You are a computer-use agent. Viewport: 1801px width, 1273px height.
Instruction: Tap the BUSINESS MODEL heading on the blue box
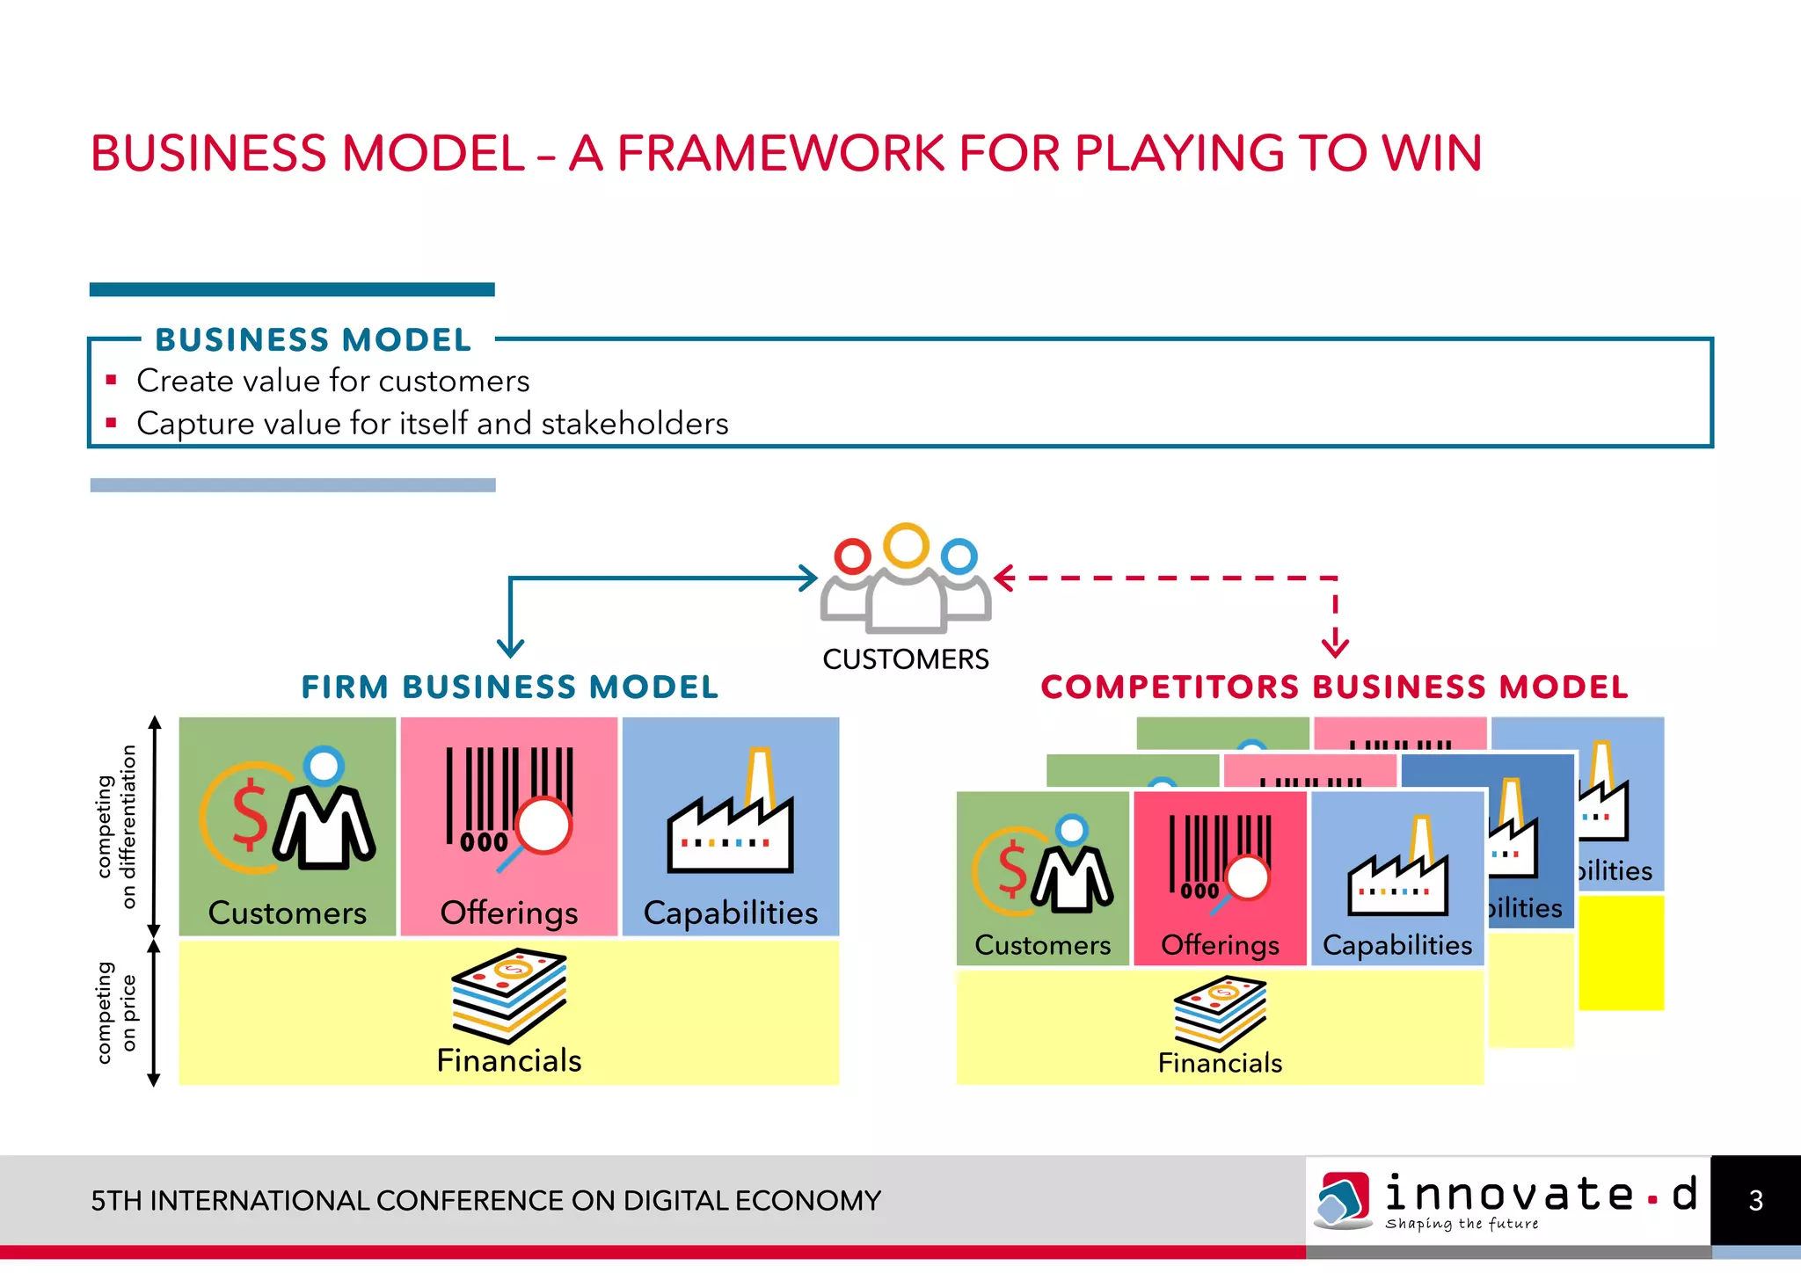pos(313,340)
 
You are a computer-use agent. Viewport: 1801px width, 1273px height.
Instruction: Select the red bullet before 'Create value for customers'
pos(111,381)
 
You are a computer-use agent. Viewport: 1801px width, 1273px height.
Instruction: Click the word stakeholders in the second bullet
pos(634,424)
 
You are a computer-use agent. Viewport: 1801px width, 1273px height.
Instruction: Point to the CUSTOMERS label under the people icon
pos(905,659)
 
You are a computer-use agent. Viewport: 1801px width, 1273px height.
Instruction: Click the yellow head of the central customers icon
pos(906,545)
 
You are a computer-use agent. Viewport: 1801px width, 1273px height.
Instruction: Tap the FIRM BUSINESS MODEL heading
pos(509,687)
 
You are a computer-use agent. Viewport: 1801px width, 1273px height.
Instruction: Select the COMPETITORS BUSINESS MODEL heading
pos(1334,687)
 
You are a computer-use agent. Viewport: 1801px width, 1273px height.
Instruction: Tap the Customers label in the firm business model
pos(287,913)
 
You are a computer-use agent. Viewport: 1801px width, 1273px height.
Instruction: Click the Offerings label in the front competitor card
pos(1220,945)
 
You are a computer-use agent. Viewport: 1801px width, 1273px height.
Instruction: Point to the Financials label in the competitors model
pos(1220,1063)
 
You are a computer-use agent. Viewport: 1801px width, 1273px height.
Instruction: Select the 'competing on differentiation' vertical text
pos(116,826)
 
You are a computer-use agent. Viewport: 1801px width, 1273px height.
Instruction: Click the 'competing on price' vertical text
pos(116,1013)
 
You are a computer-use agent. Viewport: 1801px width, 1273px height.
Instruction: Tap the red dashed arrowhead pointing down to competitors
pos(1335,646)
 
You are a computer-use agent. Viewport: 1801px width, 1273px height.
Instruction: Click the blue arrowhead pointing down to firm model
pos(510,648)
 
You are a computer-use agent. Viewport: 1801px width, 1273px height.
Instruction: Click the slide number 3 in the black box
pos(1755,1201)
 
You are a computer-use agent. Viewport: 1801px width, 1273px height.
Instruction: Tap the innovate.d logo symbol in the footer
pos(1343,1199)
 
